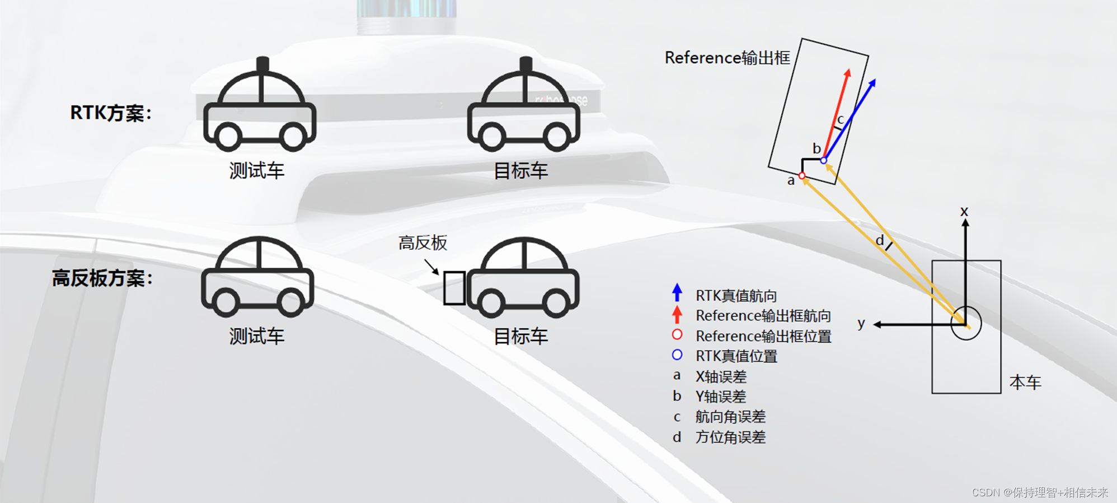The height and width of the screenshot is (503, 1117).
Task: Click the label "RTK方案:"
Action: [111, 113]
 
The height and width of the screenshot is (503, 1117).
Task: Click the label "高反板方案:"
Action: [102, 278]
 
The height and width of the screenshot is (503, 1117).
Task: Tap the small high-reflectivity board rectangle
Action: [454, 288]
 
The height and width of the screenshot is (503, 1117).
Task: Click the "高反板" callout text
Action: [423, 243]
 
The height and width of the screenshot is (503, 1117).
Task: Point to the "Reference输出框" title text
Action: [727, 58]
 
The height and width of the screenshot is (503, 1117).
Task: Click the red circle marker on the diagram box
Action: [802, 176]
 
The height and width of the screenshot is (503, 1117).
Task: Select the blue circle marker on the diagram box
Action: [823, 161]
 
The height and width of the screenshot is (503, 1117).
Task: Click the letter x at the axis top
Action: [964, 212]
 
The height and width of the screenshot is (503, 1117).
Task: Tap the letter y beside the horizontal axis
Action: [861, 323]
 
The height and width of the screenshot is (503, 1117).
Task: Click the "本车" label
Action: [1025, 383]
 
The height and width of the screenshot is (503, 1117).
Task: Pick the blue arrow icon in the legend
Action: [677, 292]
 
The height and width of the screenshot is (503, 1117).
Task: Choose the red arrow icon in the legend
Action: [677, 314]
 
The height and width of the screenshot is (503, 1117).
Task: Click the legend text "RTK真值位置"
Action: [736, 356]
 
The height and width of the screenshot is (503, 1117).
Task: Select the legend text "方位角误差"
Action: [730, 437]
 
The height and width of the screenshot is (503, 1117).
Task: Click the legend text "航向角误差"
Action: [730, 417]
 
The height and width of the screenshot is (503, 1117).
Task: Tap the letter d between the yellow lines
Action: [880, 241]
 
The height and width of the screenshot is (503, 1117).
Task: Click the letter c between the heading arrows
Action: [840, 119]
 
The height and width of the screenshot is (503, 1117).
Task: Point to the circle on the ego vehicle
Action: [966, 323]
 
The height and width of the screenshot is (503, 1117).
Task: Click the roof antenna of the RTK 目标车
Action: [525, 65]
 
